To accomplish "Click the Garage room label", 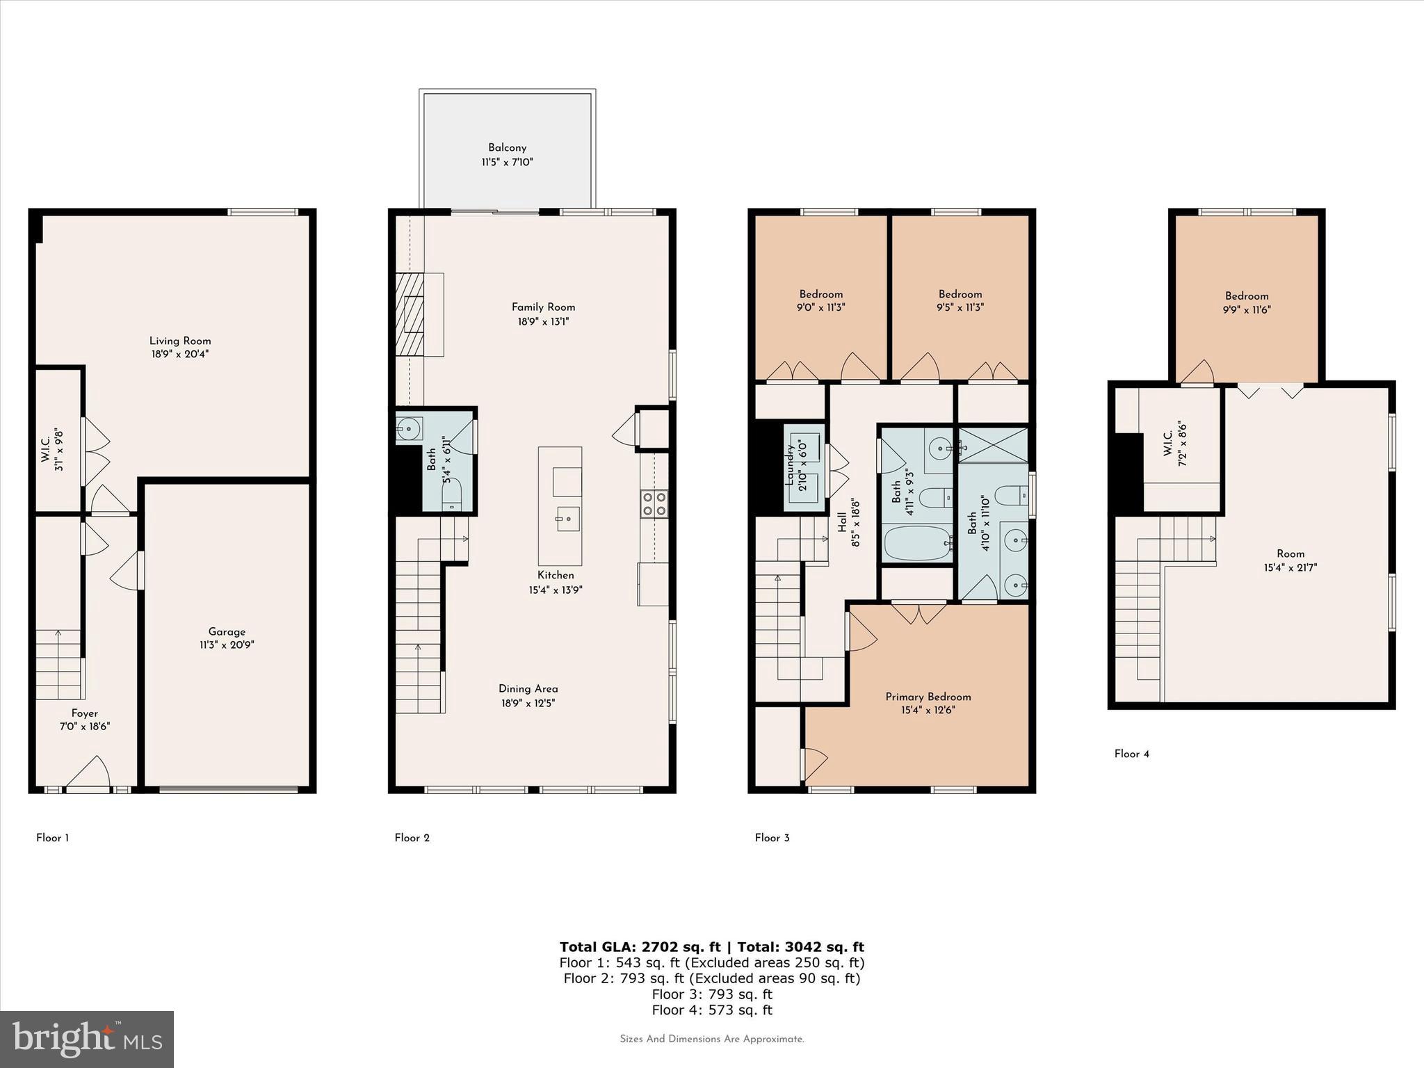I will pos(227,631).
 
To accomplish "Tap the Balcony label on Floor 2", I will pos(507,147).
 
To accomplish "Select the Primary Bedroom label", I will pos(928,697).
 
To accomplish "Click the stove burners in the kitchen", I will pos(654,503).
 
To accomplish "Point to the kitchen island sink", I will pos(567,518).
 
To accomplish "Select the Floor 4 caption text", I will pos(1131,754).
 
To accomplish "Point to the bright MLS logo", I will pos(87,1039).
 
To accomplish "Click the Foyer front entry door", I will pos(88,777).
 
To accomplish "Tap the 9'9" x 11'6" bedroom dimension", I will pos(1247,310).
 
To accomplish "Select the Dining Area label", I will pos(528,688).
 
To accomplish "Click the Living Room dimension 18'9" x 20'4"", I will pos(179,354).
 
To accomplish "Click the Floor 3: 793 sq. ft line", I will pos(711,994).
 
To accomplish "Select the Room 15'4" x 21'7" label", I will pos(1290,560).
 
